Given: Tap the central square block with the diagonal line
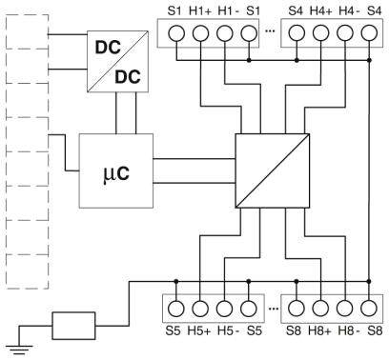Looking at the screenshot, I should pos(273,171).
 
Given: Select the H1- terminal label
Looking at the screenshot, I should pos(226,10).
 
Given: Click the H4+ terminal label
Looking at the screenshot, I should pos(321,10).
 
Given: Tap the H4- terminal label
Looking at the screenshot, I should pos(348,10).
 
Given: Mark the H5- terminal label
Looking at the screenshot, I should pos(226,333).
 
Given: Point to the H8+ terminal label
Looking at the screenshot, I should pos(321,333).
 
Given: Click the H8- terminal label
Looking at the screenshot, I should pos(348,333).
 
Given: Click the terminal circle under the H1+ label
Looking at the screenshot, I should pos(200,32).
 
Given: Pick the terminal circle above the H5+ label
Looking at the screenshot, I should pos(200,310).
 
